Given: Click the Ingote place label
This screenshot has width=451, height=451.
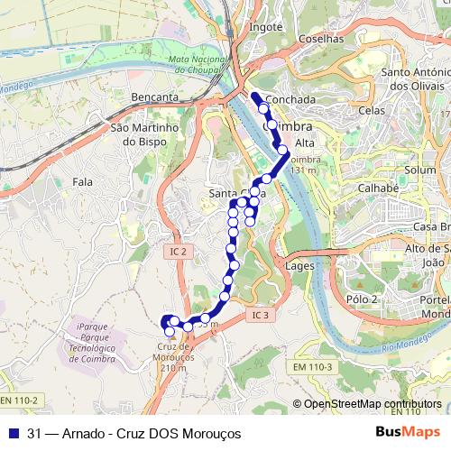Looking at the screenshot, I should coord(265,27).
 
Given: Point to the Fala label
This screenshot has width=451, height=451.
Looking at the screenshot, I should coord(83,182).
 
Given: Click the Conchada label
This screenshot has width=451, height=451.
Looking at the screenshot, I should coord(292,99).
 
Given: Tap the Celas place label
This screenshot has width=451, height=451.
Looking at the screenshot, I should coord(372,110).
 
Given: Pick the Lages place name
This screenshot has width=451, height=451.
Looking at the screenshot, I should coord(299,266).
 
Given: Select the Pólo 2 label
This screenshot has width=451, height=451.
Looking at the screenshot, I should coord(361,299).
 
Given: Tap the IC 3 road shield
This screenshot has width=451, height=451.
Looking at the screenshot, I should coord(261,315).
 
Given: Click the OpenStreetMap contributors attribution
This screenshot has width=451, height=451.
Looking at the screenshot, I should coord(373,403).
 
